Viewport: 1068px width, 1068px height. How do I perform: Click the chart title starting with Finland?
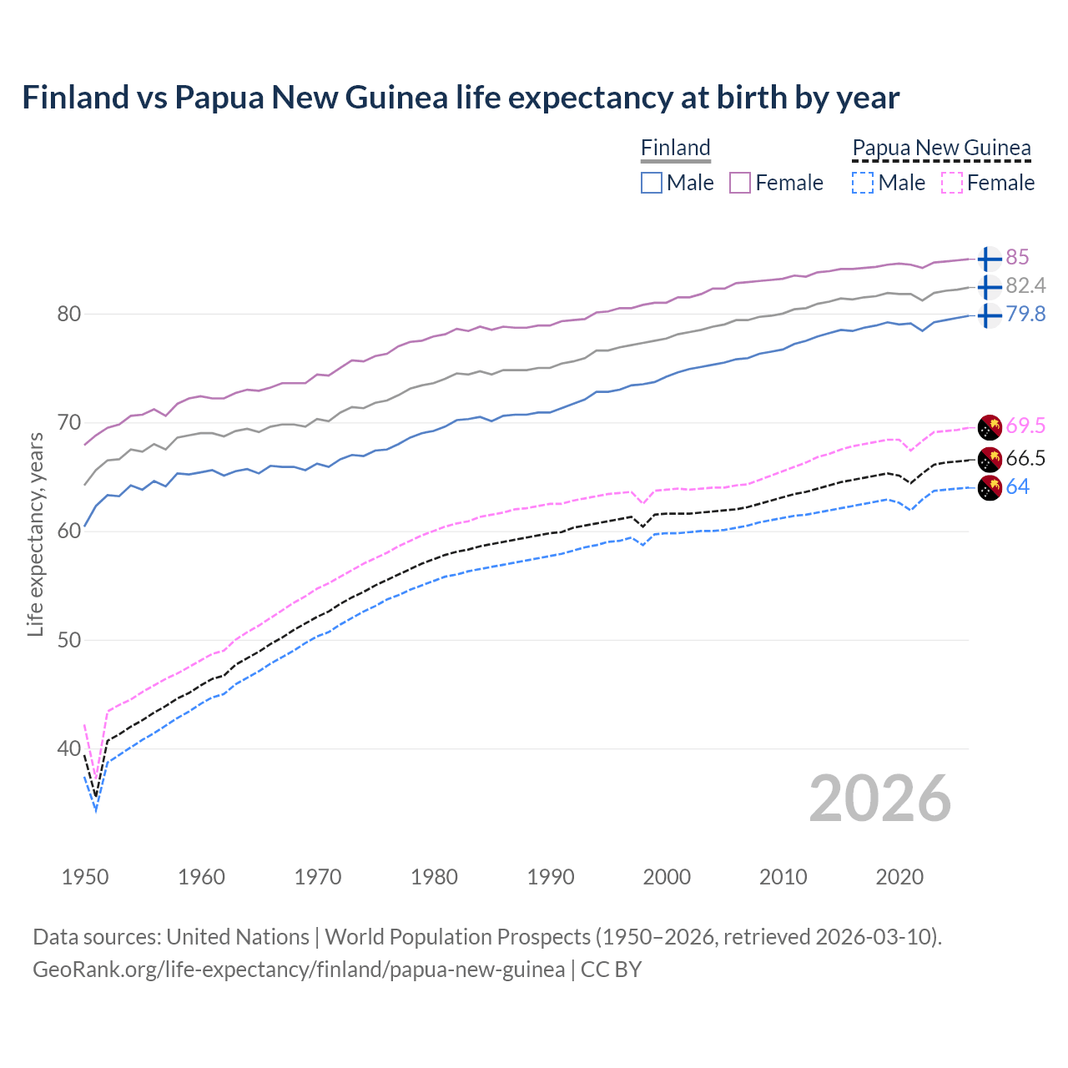[x=461, y=98]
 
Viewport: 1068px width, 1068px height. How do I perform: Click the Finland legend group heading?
[x=675, y=149]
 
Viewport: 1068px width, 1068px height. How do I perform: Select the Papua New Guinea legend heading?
[x=941, y=149]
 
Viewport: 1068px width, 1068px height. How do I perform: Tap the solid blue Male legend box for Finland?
[x=652, y=183]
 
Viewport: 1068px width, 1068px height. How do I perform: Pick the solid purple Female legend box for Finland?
[x=740, y=183]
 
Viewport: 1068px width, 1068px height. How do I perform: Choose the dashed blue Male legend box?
[x=863, y=183]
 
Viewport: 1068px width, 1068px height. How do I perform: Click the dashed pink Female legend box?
[x=951, y=183]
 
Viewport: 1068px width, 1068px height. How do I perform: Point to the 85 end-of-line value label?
[x=1017, y=257]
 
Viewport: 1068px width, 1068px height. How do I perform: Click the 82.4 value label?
[x=1025, y=286]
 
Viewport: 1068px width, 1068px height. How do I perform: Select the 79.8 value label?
[x=1025, y=315]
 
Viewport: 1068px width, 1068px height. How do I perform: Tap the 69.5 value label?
[x=1025, y=426]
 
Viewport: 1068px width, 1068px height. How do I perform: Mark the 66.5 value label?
[x=1025, y=458]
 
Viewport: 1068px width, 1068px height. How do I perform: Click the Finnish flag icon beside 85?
[x=990, y=259]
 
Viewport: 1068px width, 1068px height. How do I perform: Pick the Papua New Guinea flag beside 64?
[x=990, y=488]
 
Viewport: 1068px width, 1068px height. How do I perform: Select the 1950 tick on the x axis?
[x=85, y=877]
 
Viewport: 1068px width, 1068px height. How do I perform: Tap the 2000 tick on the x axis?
[x=667, y=877]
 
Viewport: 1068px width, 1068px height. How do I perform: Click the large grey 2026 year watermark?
[x=879, y=798]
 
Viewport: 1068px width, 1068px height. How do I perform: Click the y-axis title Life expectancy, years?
[x=35, y=534]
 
